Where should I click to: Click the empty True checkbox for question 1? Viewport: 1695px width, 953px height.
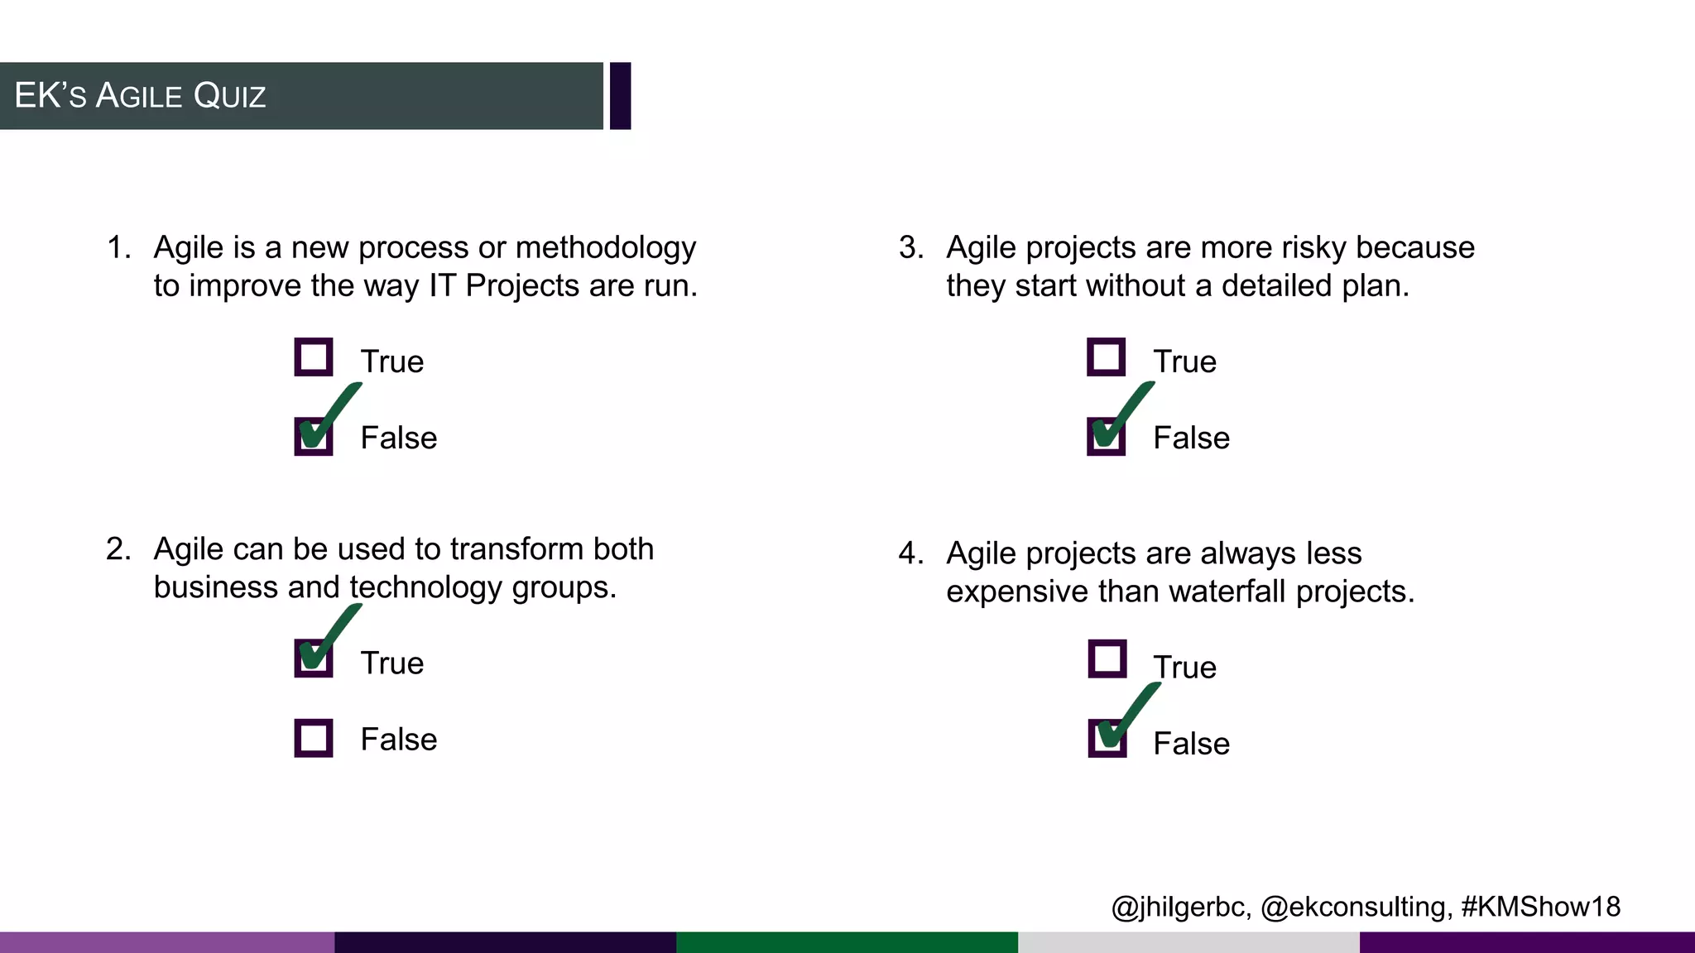coord(314,357)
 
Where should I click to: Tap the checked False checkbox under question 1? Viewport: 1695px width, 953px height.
coord(314,436)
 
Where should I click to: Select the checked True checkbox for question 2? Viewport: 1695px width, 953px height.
coord(314,658)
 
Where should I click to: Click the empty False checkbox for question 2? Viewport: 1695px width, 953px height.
coord(314,738)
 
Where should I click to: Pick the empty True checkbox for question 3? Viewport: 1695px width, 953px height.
coord(1107,357)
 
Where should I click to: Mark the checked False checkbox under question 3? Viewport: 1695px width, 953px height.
coord(1107,436)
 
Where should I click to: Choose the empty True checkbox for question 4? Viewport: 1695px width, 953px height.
coord(1107,659)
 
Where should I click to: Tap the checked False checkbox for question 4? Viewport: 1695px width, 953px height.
coord(1107,738)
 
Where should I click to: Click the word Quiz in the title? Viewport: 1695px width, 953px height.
coord(229,96)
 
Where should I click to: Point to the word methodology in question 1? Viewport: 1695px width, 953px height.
coord(605,248)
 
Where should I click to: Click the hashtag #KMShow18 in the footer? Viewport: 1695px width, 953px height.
coord(1540,907)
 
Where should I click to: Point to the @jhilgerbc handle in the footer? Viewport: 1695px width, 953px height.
coord(1180,908)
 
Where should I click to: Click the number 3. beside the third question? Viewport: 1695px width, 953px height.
coord(911,247)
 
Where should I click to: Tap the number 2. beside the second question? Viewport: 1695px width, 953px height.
coord(118,549)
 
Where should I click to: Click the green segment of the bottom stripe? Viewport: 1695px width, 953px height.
coord(847,942)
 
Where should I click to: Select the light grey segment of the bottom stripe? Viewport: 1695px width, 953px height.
coord(1188,942)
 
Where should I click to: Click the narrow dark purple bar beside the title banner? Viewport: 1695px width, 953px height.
coord(621,96)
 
